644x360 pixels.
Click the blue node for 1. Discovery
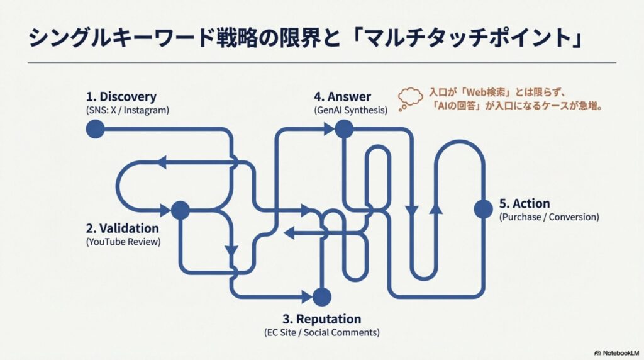tap(94, 129)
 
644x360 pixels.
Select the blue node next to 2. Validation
tap(180, 210)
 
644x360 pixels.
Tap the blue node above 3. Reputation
tap(321, 296)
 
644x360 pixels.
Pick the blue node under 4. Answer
tap(343, 129)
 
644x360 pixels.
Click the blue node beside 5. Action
tap(483, 208)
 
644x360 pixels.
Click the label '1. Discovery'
tap(121, 97)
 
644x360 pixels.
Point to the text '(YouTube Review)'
tap(123, 242)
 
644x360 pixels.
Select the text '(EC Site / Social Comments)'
tap(322, 332)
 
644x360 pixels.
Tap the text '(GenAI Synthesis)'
tap(350, 110)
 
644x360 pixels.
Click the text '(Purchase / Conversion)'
tap(549, 217)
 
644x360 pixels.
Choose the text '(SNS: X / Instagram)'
tap(128, 110)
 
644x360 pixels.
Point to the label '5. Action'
tap(524, 204)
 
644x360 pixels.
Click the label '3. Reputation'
tap(322, 318)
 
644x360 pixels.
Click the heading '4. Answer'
tap(343, 97)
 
